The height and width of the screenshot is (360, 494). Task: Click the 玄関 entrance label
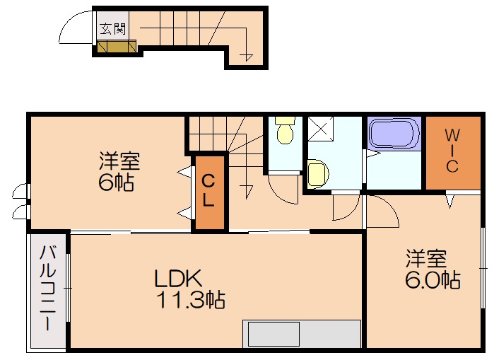click(113, 29)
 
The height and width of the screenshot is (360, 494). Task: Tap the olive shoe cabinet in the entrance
click(117, 47)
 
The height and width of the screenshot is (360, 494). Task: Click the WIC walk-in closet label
click(452, 151)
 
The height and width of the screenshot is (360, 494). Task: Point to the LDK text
click(177, 278)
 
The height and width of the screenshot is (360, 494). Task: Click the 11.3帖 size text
click(190, 300)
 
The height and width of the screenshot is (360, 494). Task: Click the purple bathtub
click(394, 133)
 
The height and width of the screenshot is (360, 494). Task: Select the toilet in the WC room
click(286, 130)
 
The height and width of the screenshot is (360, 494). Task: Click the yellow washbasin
click(317, 173)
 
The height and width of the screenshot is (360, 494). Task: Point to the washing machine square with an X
click(320, 129)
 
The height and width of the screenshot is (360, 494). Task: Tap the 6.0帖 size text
click(433, 279)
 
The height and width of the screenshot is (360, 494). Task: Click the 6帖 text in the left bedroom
click(116, 182)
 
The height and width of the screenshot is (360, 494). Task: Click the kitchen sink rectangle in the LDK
click(274, 334)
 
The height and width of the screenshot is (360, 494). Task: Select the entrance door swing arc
click(68, 21)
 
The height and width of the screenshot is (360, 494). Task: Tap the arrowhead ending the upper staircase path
click(246, 57)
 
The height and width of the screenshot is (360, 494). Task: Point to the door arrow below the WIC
click(450, 202)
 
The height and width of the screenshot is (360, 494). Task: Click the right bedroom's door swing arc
click(391, 205)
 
